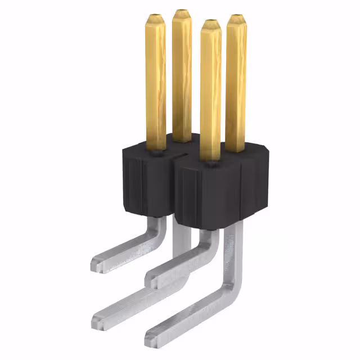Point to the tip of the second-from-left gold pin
click(182, 12)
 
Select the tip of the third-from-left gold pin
click(210, 24)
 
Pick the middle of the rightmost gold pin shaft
click(235, 84)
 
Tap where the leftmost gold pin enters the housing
click(156, 148)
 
